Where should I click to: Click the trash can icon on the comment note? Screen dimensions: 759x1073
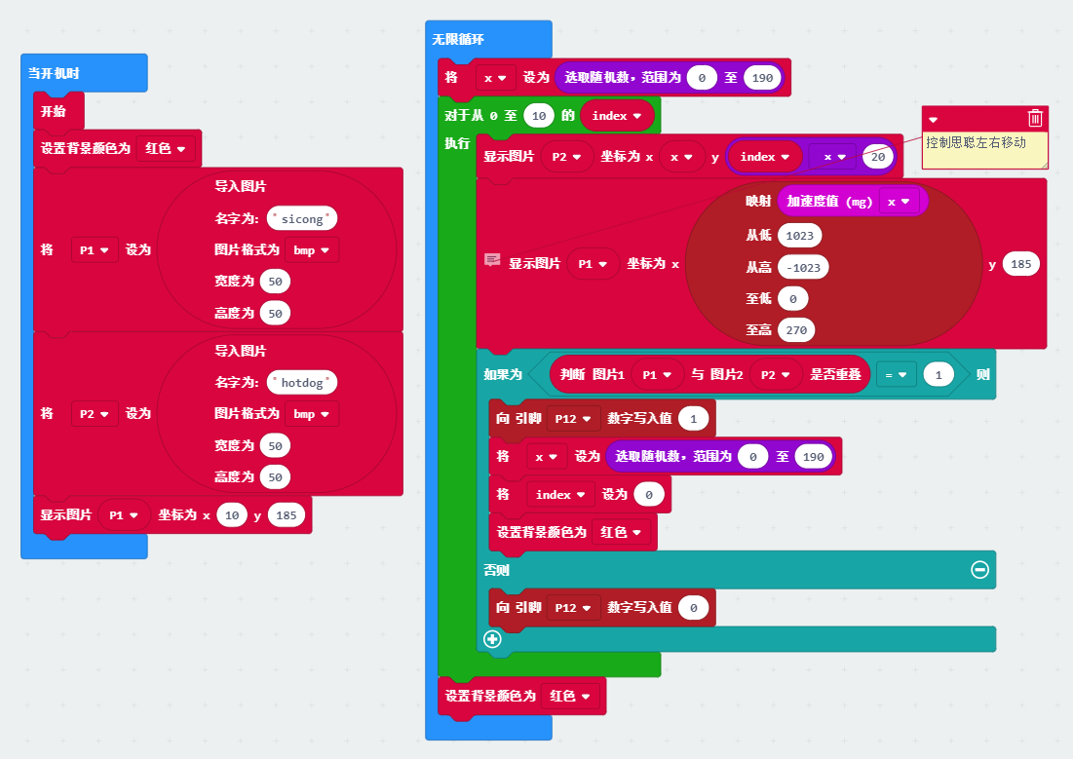(1035, 118)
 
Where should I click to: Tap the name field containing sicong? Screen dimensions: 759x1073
(301, 218)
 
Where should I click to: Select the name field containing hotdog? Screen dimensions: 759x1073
(302, 383)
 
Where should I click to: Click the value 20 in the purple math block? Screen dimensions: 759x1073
(877, 156)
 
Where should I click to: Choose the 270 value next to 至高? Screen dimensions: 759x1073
(796, 330)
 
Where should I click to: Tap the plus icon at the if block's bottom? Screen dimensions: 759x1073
(493, 639)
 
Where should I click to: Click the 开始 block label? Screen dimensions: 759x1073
(54, 111)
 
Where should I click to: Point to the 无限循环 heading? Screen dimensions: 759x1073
(458, 40)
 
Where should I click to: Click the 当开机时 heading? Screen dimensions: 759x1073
(54, 73)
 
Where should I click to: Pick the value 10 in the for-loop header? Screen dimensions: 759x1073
(539, 116)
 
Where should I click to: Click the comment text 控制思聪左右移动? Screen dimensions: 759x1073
(976, 143)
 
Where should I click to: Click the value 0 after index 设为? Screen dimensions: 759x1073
(648, 495)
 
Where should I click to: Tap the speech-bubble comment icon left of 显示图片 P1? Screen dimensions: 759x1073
(492, 260)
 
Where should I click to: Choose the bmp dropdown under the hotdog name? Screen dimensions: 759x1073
(311, 414)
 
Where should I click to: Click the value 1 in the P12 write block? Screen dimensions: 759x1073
(693, 419)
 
